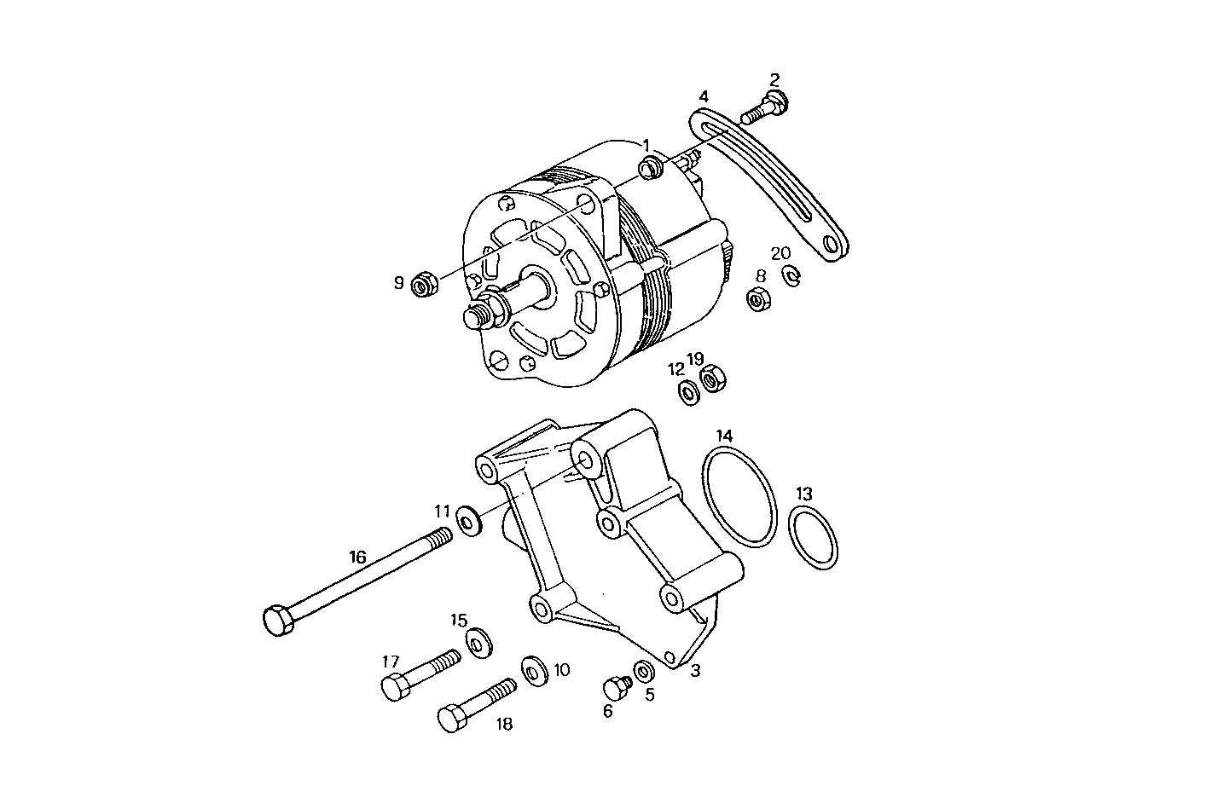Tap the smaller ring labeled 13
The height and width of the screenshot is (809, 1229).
[x=813, y=537]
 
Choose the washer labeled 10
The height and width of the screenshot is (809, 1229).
[x=535, y=671]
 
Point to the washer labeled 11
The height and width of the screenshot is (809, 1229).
[x=468, y=519]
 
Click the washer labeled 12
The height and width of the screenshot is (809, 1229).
[x=687, y=393]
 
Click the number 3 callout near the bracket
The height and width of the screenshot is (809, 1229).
[x=695, y=671]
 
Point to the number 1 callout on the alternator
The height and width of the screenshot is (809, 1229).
[x=646, y=145]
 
